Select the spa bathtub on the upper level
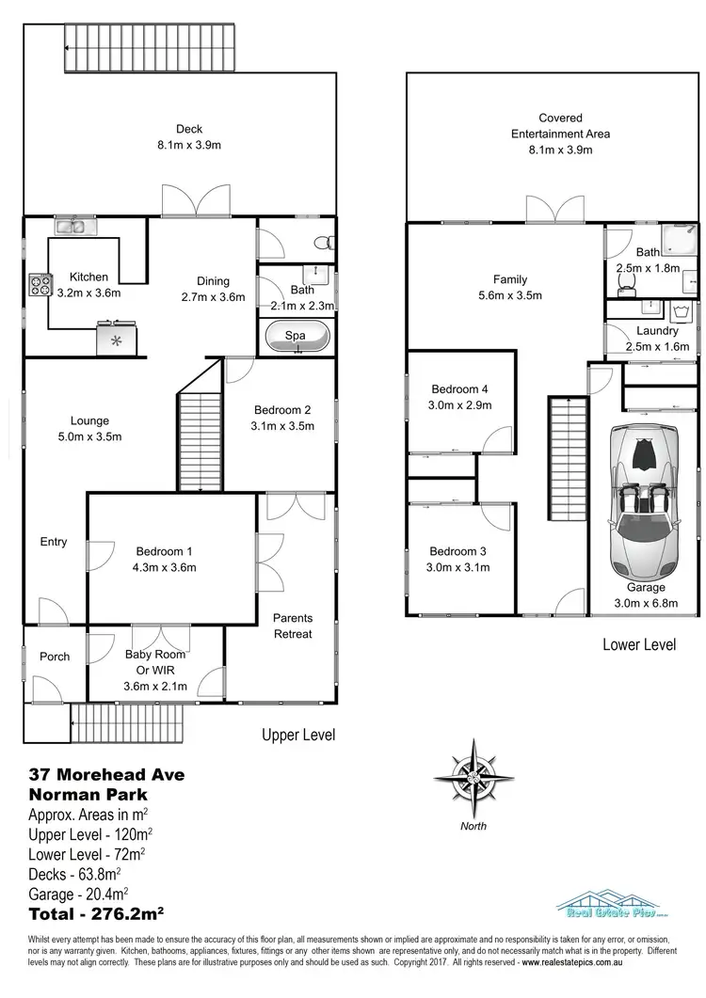click(297, 337)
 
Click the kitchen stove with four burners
click(40, 284)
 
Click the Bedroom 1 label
click(165, 551)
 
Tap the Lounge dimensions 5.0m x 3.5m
click(90, 436)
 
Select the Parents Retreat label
click(293, 626)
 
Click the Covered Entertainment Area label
click(560, 126)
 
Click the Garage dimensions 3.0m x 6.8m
click(645, 603)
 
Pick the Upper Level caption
click(297, 735)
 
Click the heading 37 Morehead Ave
click(106, 775)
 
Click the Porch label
click(55, 657)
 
